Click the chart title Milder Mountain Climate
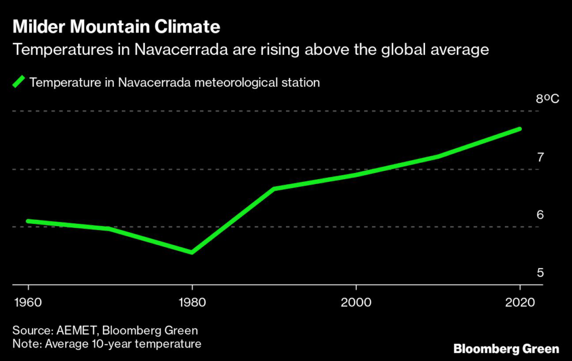(x=116, y=27)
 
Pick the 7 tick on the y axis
(x=540, y=157)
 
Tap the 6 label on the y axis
(x=540, y=215)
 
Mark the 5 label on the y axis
(x=540, y=273)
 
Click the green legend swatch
(x=19, y=82)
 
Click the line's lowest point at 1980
(x=192, y=252)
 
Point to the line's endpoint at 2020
(x=519, y=129)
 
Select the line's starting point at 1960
(x=28, y=221)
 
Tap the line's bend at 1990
(x=274, y=189)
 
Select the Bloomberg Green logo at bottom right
(x=506, y=349)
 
